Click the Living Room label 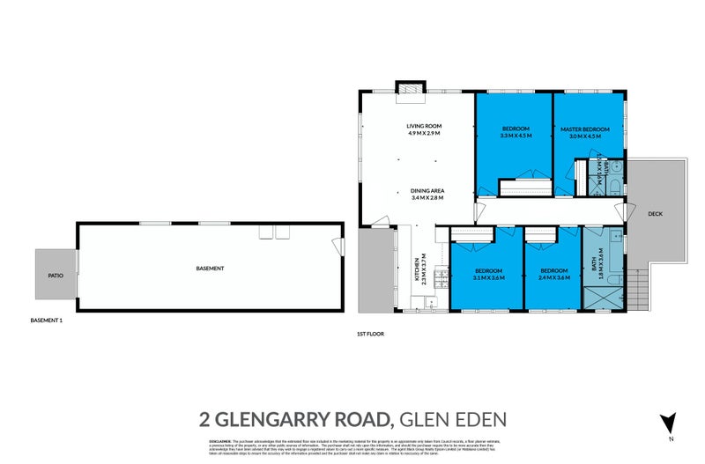coord(424,127)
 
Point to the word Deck coord(654,213)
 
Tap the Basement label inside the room coord(210,268)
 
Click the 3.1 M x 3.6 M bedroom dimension coord(488,277)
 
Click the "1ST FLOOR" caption coord(370,335)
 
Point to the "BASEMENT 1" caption coord(45,321)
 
